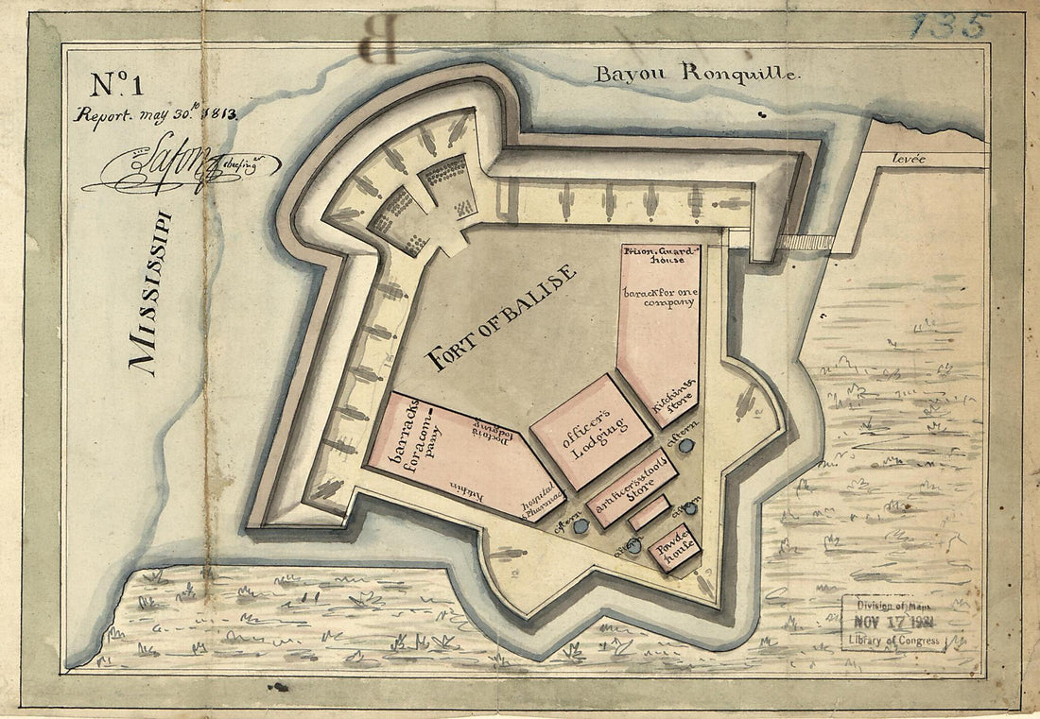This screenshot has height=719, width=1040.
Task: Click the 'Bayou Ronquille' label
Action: (697, 73)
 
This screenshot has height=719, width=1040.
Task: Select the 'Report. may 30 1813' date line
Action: (156, 115)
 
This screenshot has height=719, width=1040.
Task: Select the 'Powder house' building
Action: (674, 548)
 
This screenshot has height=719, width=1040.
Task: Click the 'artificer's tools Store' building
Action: (632, 488)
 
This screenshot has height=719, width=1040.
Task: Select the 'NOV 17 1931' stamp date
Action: (892, 624)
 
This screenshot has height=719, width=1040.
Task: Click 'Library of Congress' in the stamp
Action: (892, 642)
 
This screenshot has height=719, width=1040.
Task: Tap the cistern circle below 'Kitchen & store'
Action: (687, 445)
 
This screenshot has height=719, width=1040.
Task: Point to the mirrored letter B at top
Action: (379, 42)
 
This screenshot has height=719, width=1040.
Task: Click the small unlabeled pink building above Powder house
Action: (650, 513)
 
